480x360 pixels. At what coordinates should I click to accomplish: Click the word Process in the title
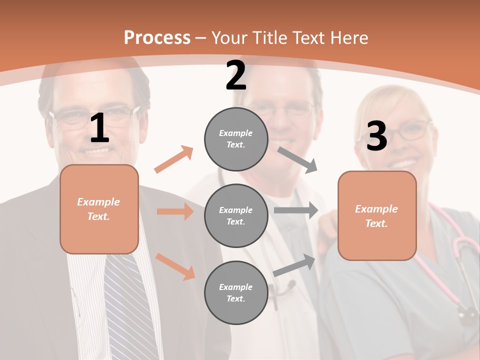pos(157,37)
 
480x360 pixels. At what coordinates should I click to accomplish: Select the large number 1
pos(99,128)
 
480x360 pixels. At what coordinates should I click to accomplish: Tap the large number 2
pos(236,76)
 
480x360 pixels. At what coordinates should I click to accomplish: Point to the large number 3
pos(376,136)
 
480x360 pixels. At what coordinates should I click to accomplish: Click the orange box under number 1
pos(99,209)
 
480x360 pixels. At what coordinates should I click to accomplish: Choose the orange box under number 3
pos(377,215)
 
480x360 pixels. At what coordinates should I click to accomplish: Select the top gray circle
pos(236,139)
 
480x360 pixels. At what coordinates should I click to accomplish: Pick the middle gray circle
pos(236,215)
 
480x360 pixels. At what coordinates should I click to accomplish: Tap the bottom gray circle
pos(236,292)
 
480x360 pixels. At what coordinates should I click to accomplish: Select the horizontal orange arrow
pos(175,211)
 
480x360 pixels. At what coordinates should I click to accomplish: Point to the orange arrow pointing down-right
pos(175,266)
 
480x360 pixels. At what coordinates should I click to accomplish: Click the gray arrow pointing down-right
pos(297,159)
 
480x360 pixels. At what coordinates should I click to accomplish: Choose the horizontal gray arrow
pos(296,210)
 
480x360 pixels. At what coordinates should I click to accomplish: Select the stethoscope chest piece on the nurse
pos(468,313)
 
